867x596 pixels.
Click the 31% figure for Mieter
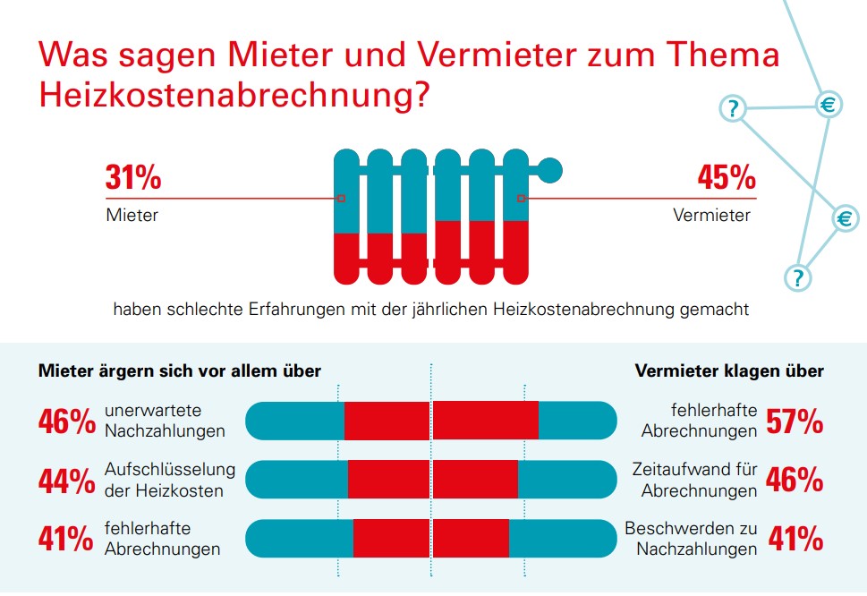(x=133, y=177)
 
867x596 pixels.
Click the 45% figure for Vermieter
(x=727, y=177)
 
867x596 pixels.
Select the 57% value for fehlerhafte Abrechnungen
(x=795, y=421)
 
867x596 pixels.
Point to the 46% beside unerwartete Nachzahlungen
(x=66, y=421)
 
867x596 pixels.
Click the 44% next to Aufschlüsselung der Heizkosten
(x=66, y=481)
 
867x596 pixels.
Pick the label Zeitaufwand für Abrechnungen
(x=694, y=480)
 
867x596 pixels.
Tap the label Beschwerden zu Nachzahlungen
(x=691, y=539)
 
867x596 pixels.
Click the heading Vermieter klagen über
(x=729, y=370)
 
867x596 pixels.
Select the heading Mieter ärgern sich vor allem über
(x=179, y=370)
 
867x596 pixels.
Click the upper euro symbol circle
(x=829, y=106)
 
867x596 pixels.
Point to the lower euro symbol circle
(x=845, y=218)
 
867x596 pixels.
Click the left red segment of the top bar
(x=387, y=421)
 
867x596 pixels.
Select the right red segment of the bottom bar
(x=472, y=539)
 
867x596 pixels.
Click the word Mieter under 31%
(x=132, y=216)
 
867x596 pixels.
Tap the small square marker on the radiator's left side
(x=340, y=199)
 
